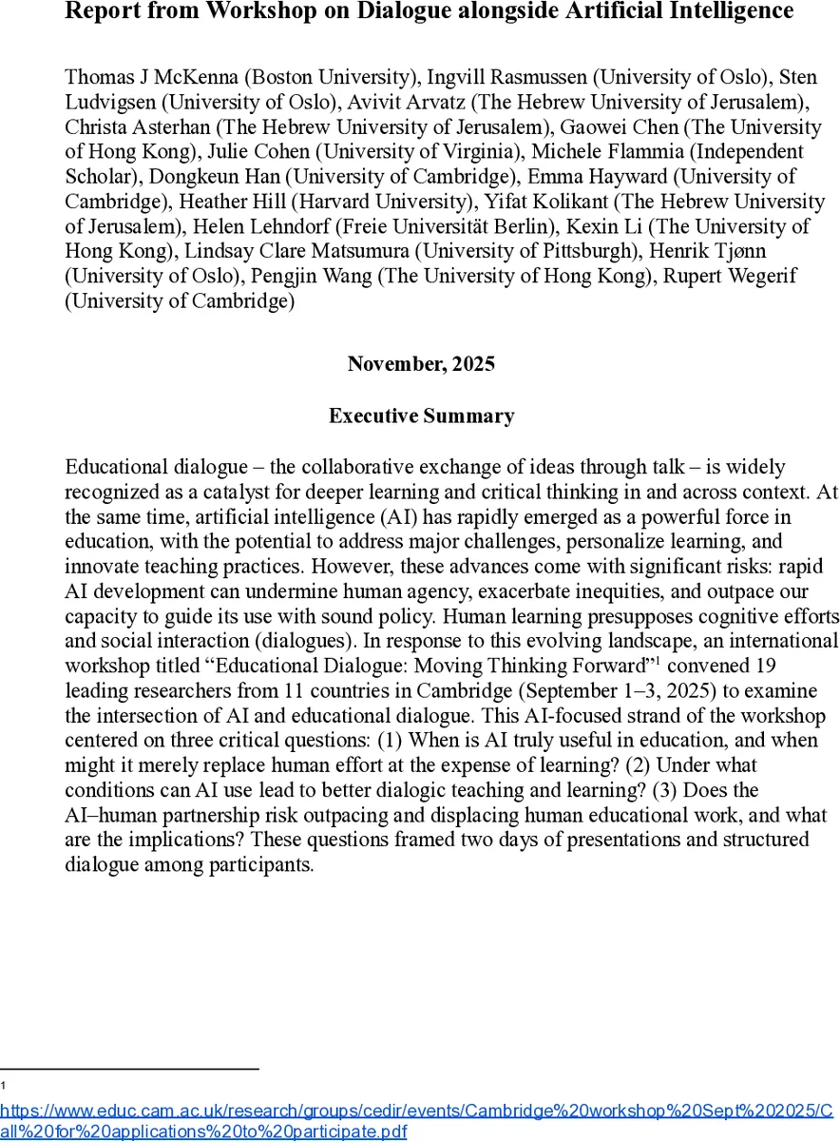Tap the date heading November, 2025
(x=421, y=364)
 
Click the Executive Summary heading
(x=421, y=416)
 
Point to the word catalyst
(x=267, y=492)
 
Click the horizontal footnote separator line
(x=129, y=1070)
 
